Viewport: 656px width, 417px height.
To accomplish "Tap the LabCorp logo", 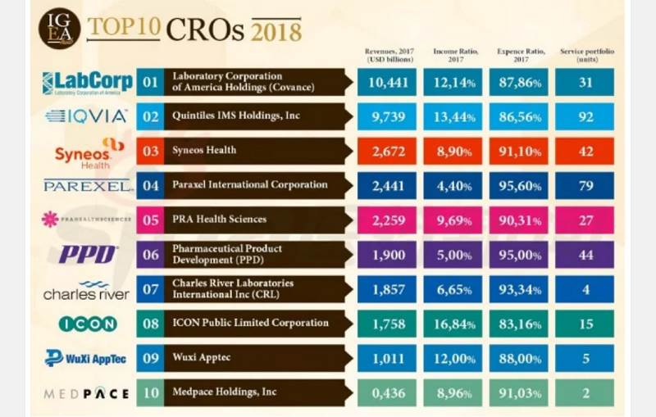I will click(x=86, y=82).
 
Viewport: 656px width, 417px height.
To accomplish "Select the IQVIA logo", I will click(x=86, y=116).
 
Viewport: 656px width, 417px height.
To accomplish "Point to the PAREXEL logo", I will click(x=88, y=186).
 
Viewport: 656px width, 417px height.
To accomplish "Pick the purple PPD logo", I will click(x=88, y=255).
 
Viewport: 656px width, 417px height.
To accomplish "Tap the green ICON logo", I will click(x=88, y=324).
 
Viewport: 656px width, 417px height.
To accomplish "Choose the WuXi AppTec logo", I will click(x=87, y=358).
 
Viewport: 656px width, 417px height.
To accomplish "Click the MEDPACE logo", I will click(x=86, y=393).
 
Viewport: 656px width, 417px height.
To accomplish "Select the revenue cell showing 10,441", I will click(x=386, y=82).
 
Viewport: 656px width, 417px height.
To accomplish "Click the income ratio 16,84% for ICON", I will click(x=453, y=324).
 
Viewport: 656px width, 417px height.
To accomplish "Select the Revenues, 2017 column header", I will click(x=386, y=56).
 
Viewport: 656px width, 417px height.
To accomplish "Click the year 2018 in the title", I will click(x=276, y=31).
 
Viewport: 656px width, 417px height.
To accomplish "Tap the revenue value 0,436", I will click(x=386, y=393).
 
